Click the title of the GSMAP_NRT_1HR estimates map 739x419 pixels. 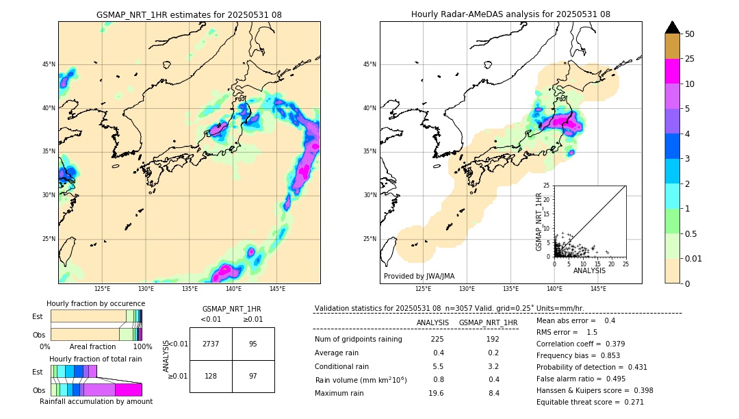click(x=189, y=14)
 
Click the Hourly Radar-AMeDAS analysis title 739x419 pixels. click(x=510, y=14)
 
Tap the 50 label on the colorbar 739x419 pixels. click(x=690, y=34)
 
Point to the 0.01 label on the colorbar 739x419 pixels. click(x=693, y=258)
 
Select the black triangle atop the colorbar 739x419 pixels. click(x=672, y=27)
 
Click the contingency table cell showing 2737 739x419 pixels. click(x=211, y=344)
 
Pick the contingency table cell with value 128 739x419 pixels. click(x=211, y=377)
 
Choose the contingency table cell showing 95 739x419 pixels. click(x=253, y=344)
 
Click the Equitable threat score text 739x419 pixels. click(x=590, y=402)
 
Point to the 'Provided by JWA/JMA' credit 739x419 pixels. click(x=419, y=276)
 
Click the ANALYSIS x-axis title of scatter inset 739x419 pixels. click(x=589, y=270)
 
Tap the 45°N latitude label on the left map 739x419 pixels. click(x=49, y=64)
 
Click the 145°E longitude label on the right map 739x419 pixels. click(x=598, y=289)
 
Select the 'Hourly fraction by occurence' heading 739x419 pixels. click(x=96, y=303)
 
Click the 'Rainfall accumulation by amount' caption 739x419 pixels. click(x=96, y=401)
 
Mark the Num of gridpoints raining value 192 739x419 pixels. click(x=492, y=340)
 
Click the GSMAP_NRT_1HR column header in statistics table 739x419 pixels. click(x=488, y=322)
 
